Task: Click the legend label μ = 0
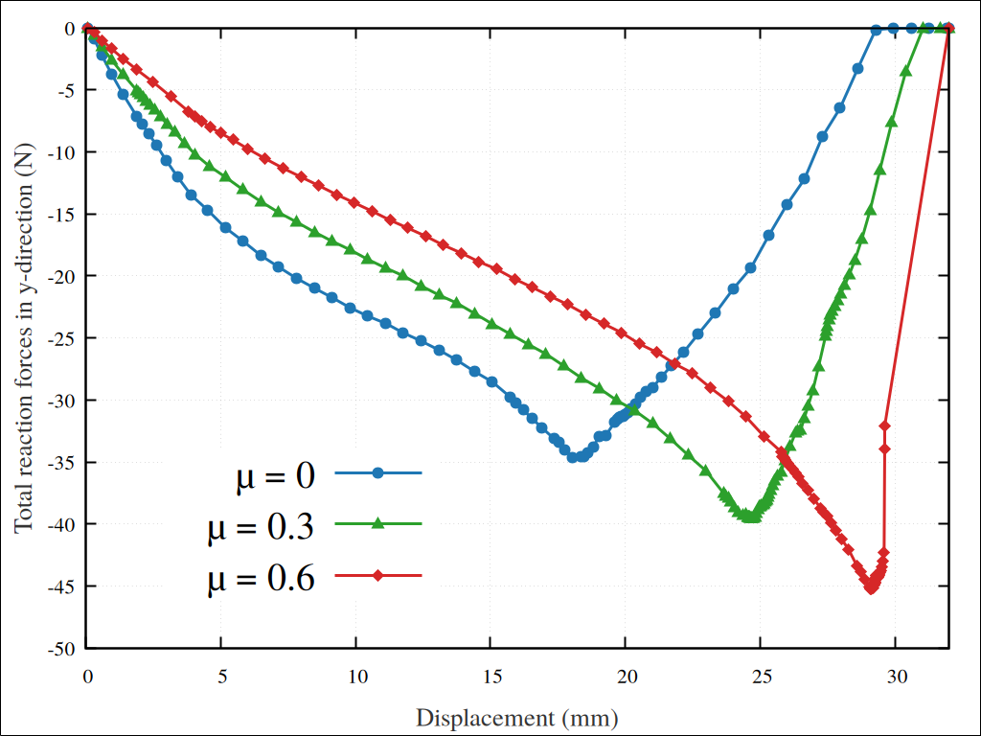275,476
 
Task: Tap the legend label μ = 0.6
262,579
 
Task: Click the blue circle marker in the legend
378,472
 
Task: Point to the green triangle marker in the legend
378,523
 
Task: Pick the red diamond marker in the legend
378,576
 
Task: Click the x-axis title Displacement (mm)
516,717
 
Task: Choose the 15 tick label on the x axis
490,675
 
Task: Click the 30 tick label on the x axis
896,675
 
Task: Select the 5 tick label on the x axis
221,675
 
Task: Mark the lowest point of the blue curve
573,457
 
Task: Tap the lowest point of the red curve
871,587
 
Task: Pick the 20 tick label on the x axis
626,675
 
